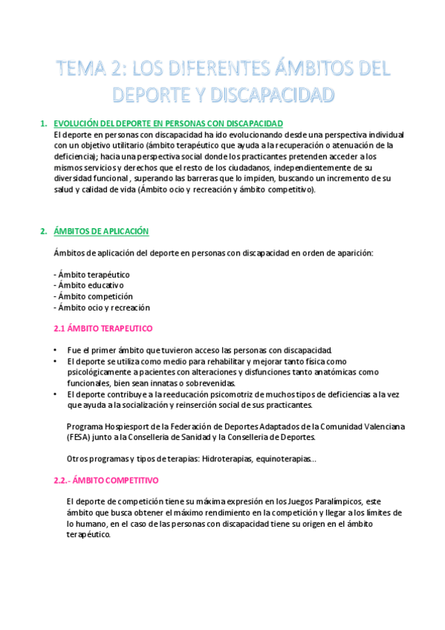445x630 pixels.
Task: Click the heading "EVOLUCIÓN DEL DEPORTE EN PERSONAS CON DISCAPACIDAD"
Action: (169, 123)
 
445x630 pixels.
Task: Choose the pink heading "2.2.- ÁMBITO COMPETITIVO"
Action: (107, 480)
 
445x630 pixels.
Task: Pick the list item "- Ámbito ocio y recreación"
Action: (103, 307)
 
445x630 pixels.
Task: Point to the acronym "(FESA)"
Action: (79, 438)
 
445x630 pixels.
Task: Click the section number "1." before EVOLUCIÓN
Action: (45, 123)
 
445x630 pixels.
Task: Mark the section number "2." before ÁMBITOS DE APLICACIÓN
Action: (45, 231)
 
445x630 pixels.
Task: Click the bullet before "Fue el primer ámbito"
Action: (56, 350)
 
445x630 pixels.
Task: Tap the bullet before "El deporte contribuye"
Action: (56, 394)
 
